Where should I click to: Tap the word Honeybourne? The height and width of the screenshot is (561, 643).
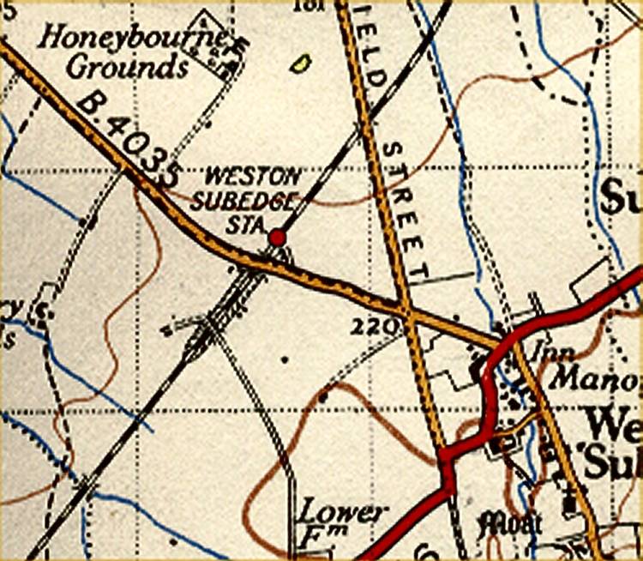[131, 37]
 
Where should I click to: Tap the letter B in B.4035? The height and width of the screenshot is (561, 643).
[89, 104]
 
